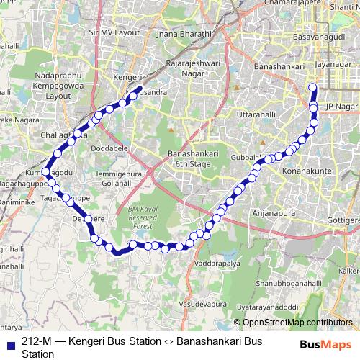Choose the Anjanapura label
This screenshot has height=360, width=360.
274,213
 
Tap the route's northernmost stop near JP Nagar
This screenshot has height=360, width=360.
312,88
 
